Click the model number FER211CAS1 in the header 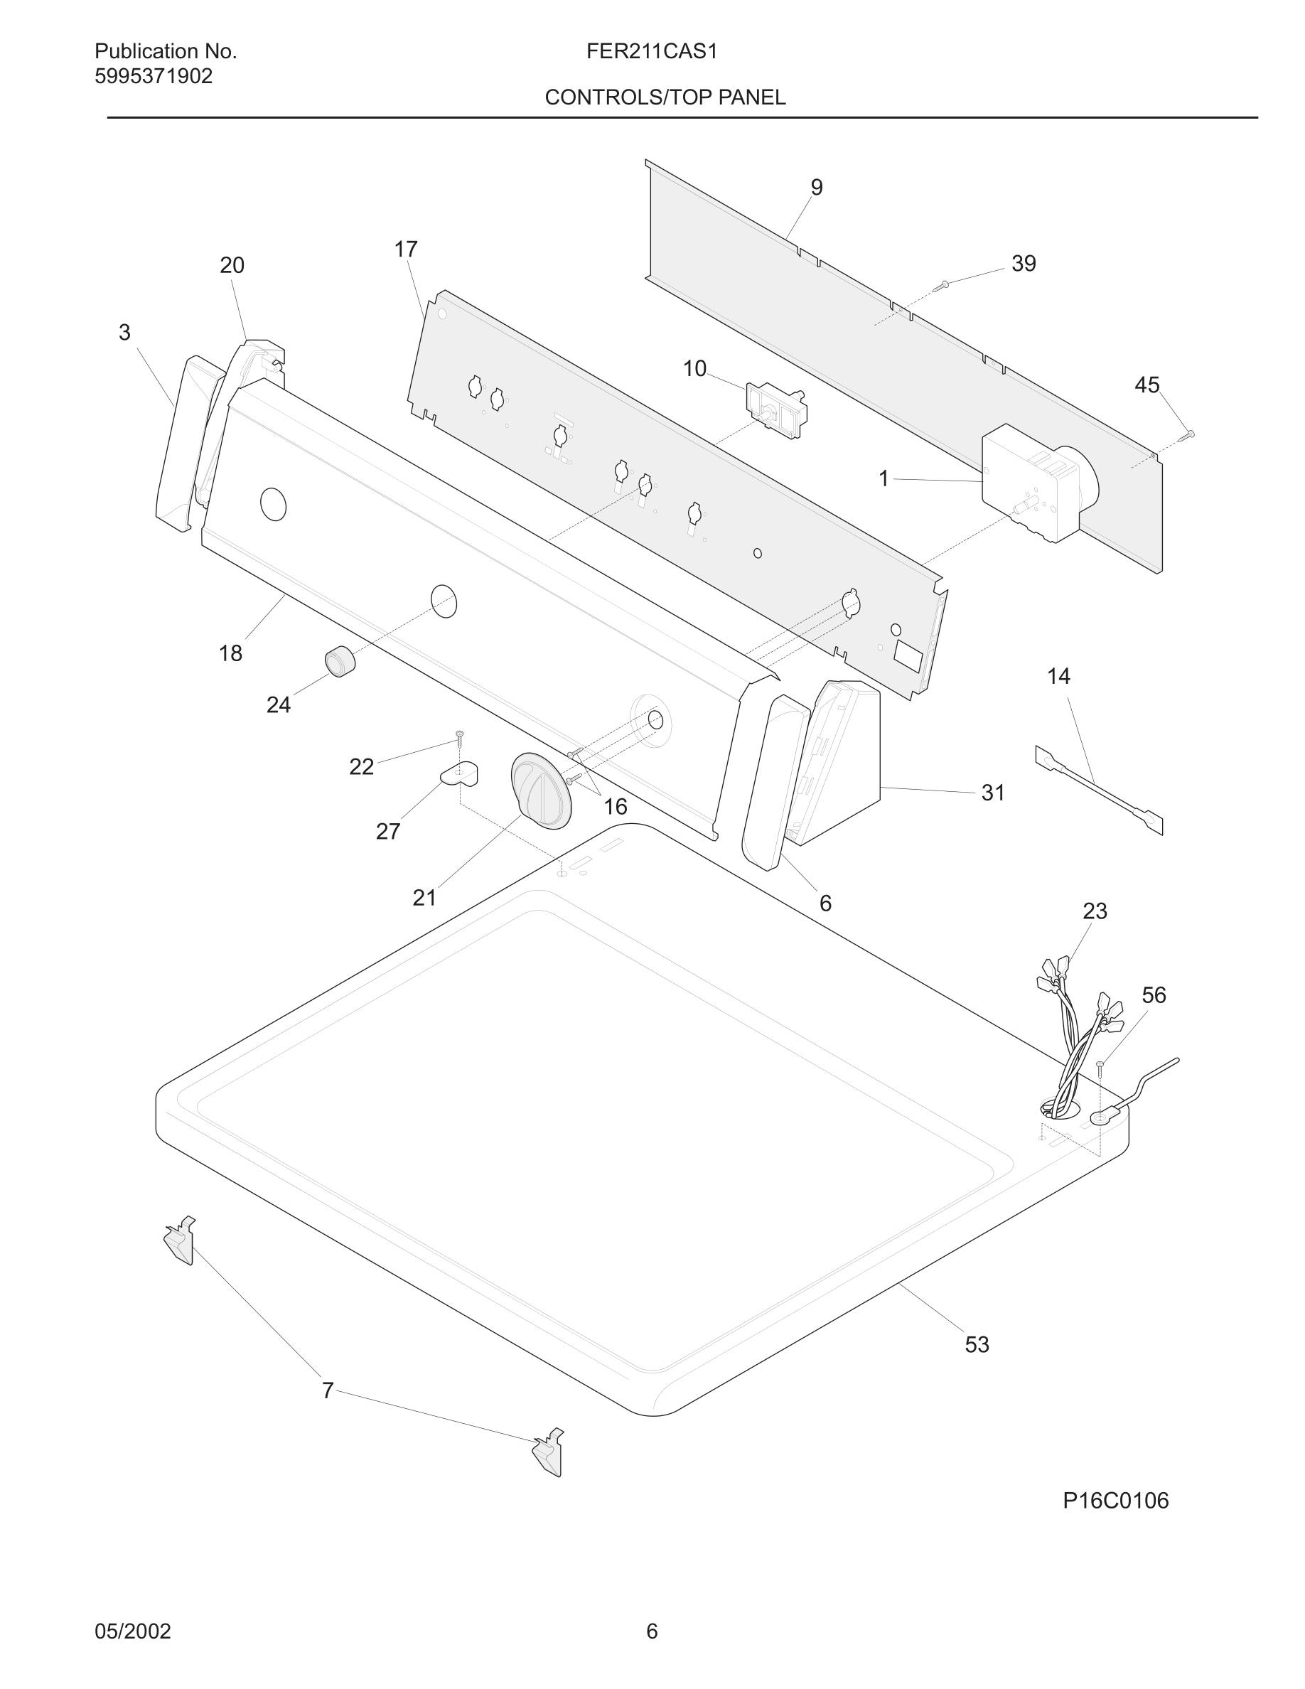pos(651,51)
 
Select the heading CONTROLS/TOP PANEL pos(665,97)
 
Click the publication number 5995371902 pos(153,77)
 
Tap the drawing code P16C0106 pos(1115,1501)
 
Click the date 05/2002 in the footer pos(132,1631)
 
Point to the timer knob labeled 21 pos(540,790)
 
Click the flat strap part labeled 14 pos(1099,790)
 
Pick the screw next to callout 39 pos(941,286)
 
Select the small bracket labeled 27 pos(460,773)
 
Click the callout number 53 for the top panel pos(977,1345)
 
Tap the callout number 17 pos(405,249)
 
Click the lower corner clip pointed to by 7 pos(547,1452)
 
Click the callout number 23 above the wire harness pos(1095,911)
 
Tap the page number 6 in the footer pos(652,1631)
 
